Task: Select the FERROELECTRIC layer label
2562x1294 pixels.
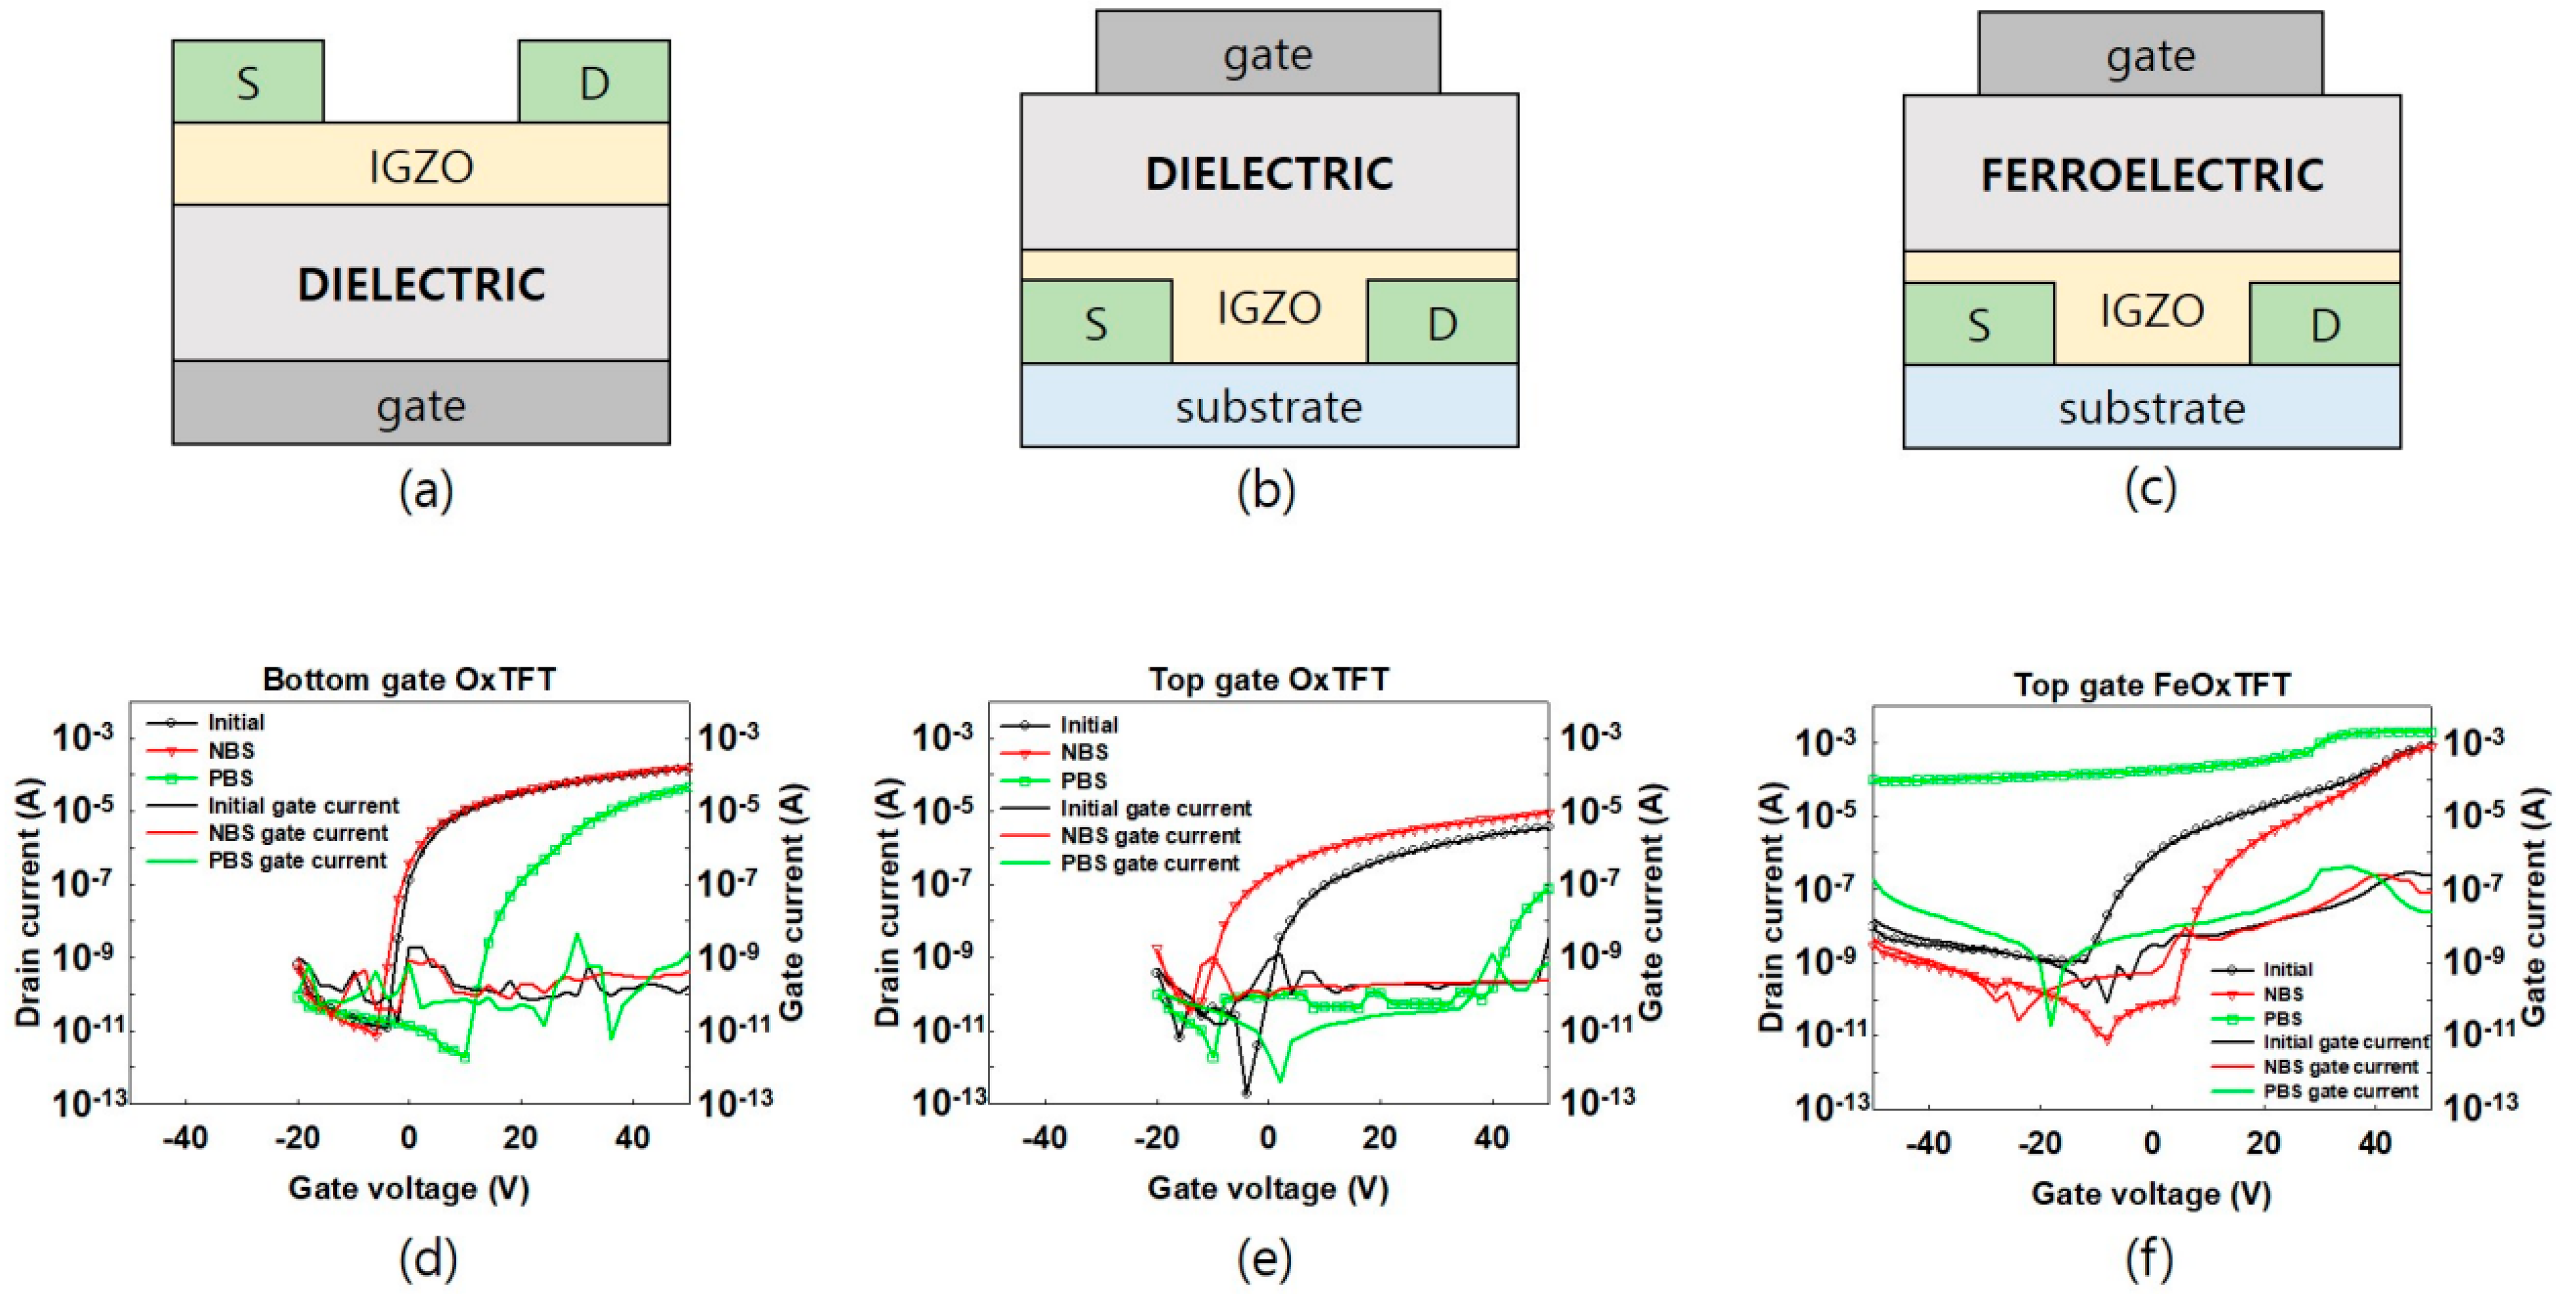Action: (x=2151, y=175)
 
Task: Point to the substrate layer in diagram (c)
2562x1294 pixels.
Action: (x=2151, y=408)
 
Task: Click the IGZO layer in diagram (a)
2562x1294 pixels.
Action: (x=421, y=165)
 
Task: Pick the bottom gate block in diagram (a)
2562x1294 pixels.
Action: (x=421, y=404)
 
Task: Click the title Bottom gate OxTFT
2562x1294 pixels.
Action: (x=409, y=679)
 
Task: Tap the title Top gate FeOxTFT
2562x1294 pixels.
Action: (x=2151, y=684)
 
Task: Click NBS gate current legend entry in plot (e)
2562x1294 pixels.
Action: (x=1150, y=836)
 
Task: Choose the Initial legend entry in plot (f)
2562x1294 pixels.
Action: (x=2287, y=969)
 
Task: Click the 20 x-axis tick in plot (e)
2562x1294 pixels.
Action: (x=1379, y=1137)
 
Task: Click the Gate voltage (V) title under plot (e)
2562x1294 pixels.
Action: (x=1267, y=1188)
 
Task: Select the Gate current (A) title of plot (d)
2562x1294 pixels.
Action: (x=793, y=903)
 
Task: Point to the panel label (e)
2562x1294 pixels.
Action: (x=1265, y=1259)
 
